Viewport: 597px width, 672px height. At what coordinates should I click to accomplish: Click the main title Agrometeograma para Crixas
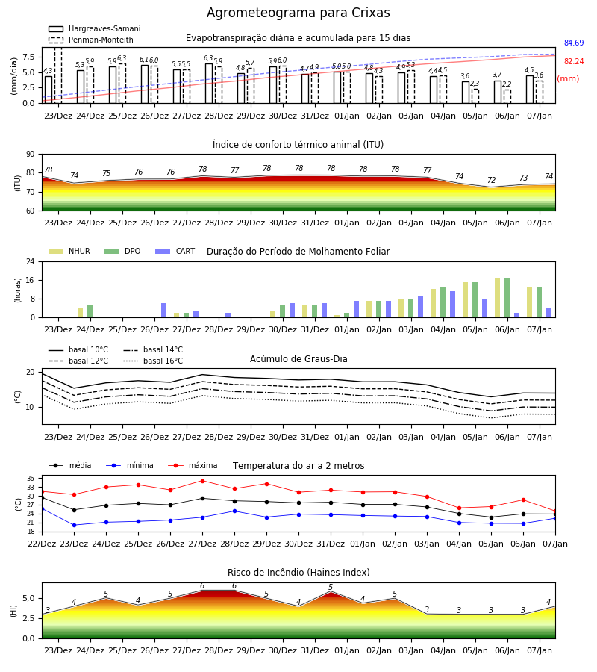pyautogui.click(x=298, y=13)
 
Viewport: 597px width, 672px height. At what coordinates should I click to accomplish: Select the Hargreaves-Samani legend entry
pyautogui.click(x=95, y=28)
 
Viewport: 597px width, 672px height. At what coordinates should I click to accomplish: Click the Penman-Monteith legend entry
pyautogui.click(x=91, y=40)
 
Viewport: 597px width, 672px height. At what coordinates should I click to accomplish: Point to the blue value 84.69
pyautogui.click(x=574, y=43)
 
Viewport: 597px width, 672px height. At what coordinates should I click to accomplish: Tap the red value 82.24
pyautogui.click(x=574, y=61)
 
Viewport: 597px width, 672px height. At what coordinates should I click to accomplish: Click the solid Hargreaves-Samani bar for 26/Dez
pyautogui.click(x=145, y=84)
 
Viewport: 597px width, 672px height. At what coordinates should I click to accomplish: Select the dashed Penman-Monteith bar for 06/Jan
pyautogui.click(x=507, y=96)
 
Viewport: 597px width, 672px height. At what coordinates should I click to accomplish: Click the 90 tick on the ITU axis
pyautogui.click(x=31, y=155)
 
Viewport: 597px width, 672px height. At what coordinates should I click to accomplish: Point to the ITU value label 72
pyautogui.click(x=491, y=180)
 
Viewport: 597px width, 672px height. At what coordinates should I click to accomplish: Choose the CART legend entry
pyautogui.click(x=175, y=251)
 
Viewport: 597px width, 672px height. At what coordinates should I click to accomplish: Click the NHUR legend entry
pyautogui.click(x=69, y=251)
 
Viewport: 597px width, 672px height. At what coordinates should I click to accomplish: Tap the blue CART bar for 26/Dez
pyautogui.click(x=163, y=311)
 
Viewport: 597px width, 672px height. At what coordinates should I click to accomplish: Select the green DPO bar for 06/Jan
pyautogui.click(x=507, y=298)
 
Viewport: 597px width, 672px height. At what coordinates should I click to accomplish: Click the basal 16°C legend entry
pyautogui.click(x=153, y=361)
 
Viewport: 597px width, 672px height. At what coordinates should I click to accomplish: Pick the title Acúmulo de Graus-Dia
pyautogui.click(x=298, y=359)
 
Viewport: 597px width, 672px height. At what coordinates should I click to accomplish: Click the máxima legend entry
pyautogui.click(x=193, y=465)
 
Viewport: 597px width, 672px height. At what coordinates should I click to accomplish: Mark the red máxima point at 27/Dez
pyautogui.click(x=202, y=481)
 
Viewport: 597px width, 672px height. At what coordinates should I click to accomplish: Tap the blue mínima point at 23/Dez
pyautogui.click(x=74, y=525)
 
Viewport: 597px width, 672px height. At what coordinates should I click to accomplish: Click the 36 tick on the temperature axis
pyautogui.click(x=31, y=479)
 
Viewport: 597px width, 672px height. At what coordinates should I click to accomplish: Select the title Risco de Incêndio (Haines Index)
pyautogui.click(x=298, y=573)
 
